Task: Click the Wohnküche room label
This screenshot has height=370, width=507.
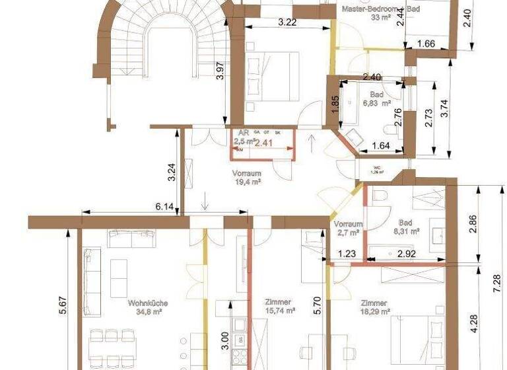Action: tap(147, 303)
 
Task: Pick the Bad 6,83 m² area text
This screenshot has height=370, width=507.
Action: tap(377, 104)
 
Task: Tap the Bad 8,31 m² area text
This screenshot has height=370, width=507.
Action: tap(407, 231)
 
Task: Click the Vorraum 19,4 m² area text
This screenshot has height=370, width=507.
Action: tap(247, 182)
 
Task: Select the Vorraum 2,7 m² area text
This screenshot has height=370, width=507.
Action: tap(349, 232)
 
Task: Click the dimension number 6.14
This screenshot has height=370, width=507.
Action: tap(164, 207)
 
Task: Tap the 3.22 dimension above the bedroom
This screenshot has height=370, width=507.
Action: tap(287, 22)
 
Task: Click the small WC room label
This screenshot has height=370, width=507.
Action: tap(378, 168)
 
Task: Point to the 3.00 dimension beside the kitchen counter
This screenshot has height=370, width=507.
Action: tap(224, 340)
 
